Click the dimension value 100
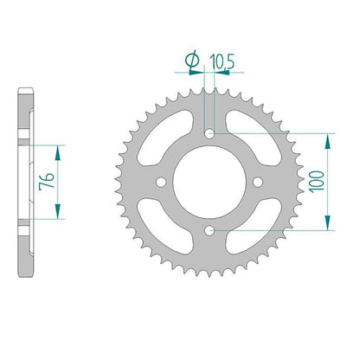317,182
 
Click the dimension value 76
48,181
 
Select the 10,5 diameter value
222,61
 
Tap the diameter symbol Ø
192,61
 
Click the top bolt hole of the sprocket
209,133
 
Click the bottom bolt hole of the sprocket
209,230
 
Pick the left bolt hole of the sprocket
161,182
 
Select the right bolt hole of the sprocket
258,182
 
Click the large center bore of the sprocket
209,182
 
